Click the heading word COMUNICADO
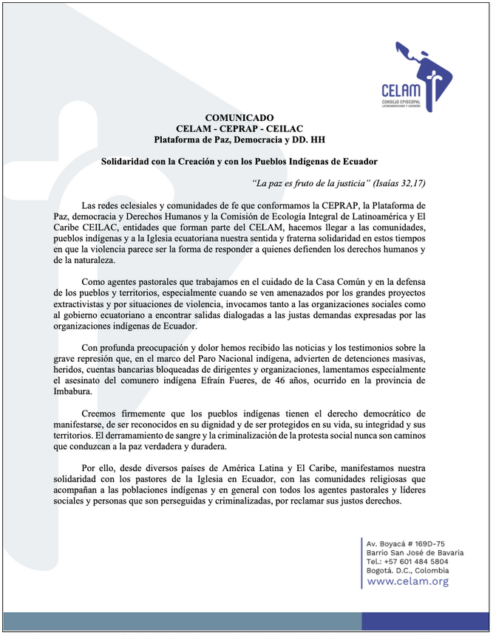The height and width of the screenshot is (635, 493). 239,117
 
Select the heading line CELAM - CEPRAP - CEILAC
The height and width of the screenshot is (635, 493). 239,128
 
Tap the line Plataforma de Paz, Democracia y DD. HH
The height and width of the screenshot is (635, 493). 239,139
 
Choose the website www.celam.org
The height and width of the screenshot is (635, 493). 407,581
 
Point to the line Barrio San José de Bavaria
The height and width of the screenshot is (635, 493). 415,552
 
